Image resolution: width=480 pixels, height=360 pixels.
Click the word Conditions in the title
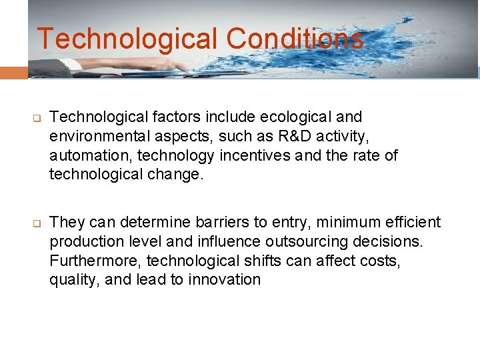[295, 39]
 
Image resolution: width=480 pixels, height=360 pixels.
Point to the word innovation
[224, 279]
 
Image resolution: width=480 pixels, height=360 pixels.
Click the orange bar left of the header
[13, 72]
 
